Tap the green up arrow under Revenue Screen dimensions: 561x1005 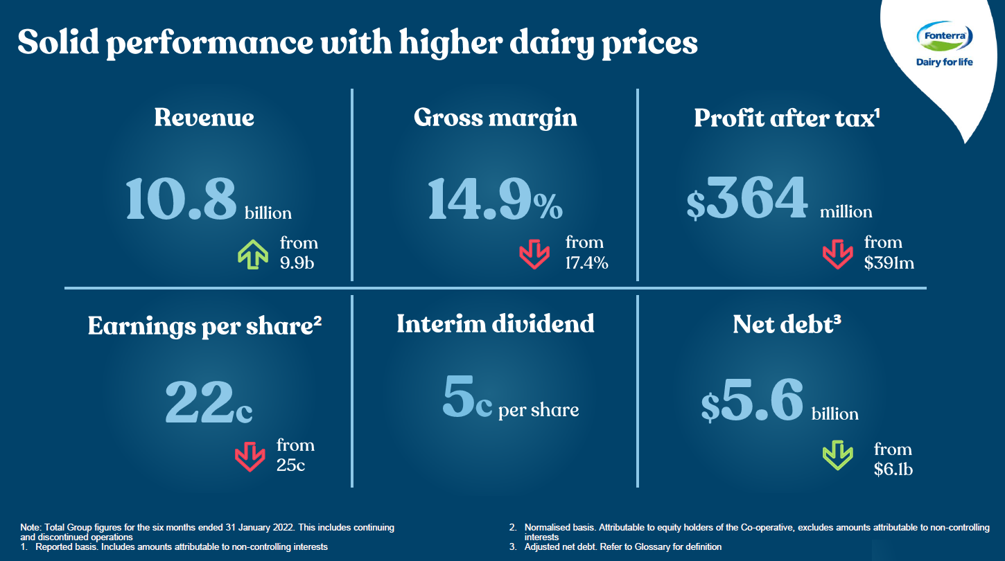tap(253, 253)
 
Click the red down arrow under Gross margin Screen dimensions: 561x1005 tap(534, 253)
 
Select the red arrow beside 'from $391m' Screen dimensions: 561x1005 tap(837, 253)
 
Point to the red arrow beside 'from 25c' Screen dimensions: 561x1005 tap(250, 456)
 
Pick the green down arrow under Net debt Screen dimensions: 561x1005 tap(837, 456)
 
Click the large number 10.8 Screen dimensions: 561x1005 tap(182, 199)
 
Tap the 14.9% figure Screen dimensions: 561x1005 tap(495, 199)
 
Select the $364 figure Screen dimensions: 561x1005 tap(747, 199)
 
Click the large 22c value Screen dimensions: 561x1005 tap(209, 402)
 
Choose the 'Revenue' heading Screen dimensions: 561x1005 tap(204, 118)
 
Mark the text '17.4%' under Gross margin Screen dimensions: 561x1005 tap(586, 262)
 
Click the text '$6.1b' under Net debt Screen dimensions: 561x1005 tap(893, 469)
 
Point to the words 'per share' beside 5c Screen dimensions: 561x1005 tap(539, 409)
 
